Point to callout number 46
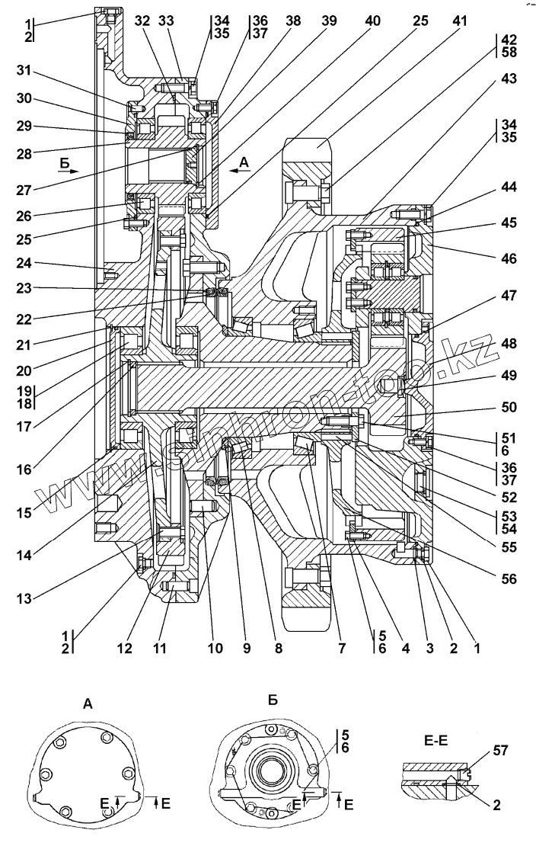508,259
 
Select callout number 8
278,649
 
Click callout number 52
508,497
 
